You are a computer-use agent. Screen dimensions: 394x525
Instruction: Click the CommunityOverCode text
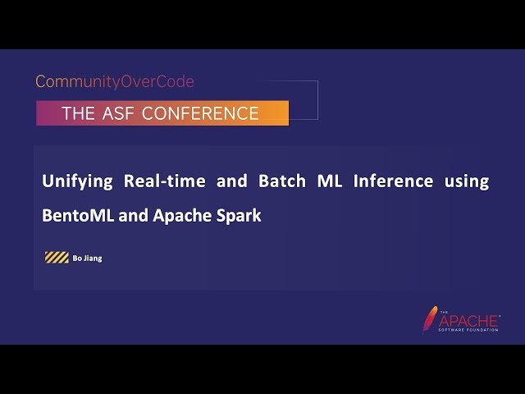[x=115, y=82]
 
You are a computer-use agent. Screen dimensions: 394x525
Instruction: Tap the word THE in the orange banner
[x=79, y=113]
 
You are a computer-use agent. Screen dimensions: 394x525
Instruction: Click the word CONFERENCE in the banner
[x=200, y=113]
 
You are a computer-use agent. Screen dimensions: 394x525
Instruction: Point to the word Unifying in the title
[x=76, y=181]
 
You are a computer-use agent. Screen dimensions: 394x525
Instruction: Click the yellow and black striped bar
[x=57, y=258]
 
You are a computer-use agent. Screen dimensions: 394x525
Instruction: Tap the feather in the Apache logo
[x=430, y=319]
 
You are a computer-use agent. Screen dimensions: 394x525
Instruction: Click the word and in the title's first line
[x=231, y=181]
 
